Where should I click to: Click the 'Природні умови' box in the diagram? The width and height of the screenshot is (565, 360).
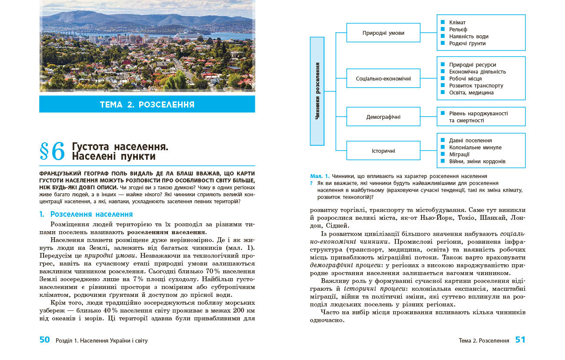[x=383, y=33]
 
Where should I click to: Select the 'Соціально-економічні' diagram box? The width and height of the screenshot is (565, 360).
[x=383, y=79]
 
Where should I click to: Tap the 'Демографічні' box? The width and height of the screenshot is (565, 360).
[x=383, y=117]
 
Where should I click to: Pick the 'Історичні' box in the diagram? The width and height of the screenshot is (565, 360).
[x=383, y=151]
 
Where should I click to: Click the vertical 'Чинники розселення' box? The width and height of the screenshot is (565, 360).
[x=317, y=91]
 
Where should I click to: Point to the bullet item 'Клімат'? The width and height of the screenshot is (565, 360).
[x=457, y=23]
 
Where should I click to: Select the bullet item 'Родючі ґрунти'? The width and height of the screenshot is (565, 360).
[x=467, y=44]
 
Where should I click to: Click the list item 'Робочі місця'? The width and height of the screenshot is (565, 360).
[x=465, y=79]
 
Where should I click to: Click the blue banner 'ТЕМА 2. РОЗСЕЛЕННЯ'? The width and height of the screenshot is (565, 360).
[x=147, y=104]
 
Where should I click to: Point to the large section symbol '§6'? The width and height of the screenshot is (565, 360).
[x=52, y=151]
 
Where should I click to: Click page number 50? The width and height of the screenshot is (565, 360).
[x=45, y=340]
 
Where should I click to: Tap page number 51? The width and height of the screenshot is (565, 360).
[x=520, y=340]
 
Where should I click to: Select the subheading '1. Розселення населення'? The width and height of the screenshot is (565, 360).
[x=86, y=215]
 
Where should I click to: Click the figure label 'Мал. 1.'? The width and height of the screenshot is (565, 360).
[x=320, y=176]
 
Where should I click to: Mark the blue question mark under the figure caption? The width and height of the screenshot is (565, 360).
[x=311, y=183]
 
